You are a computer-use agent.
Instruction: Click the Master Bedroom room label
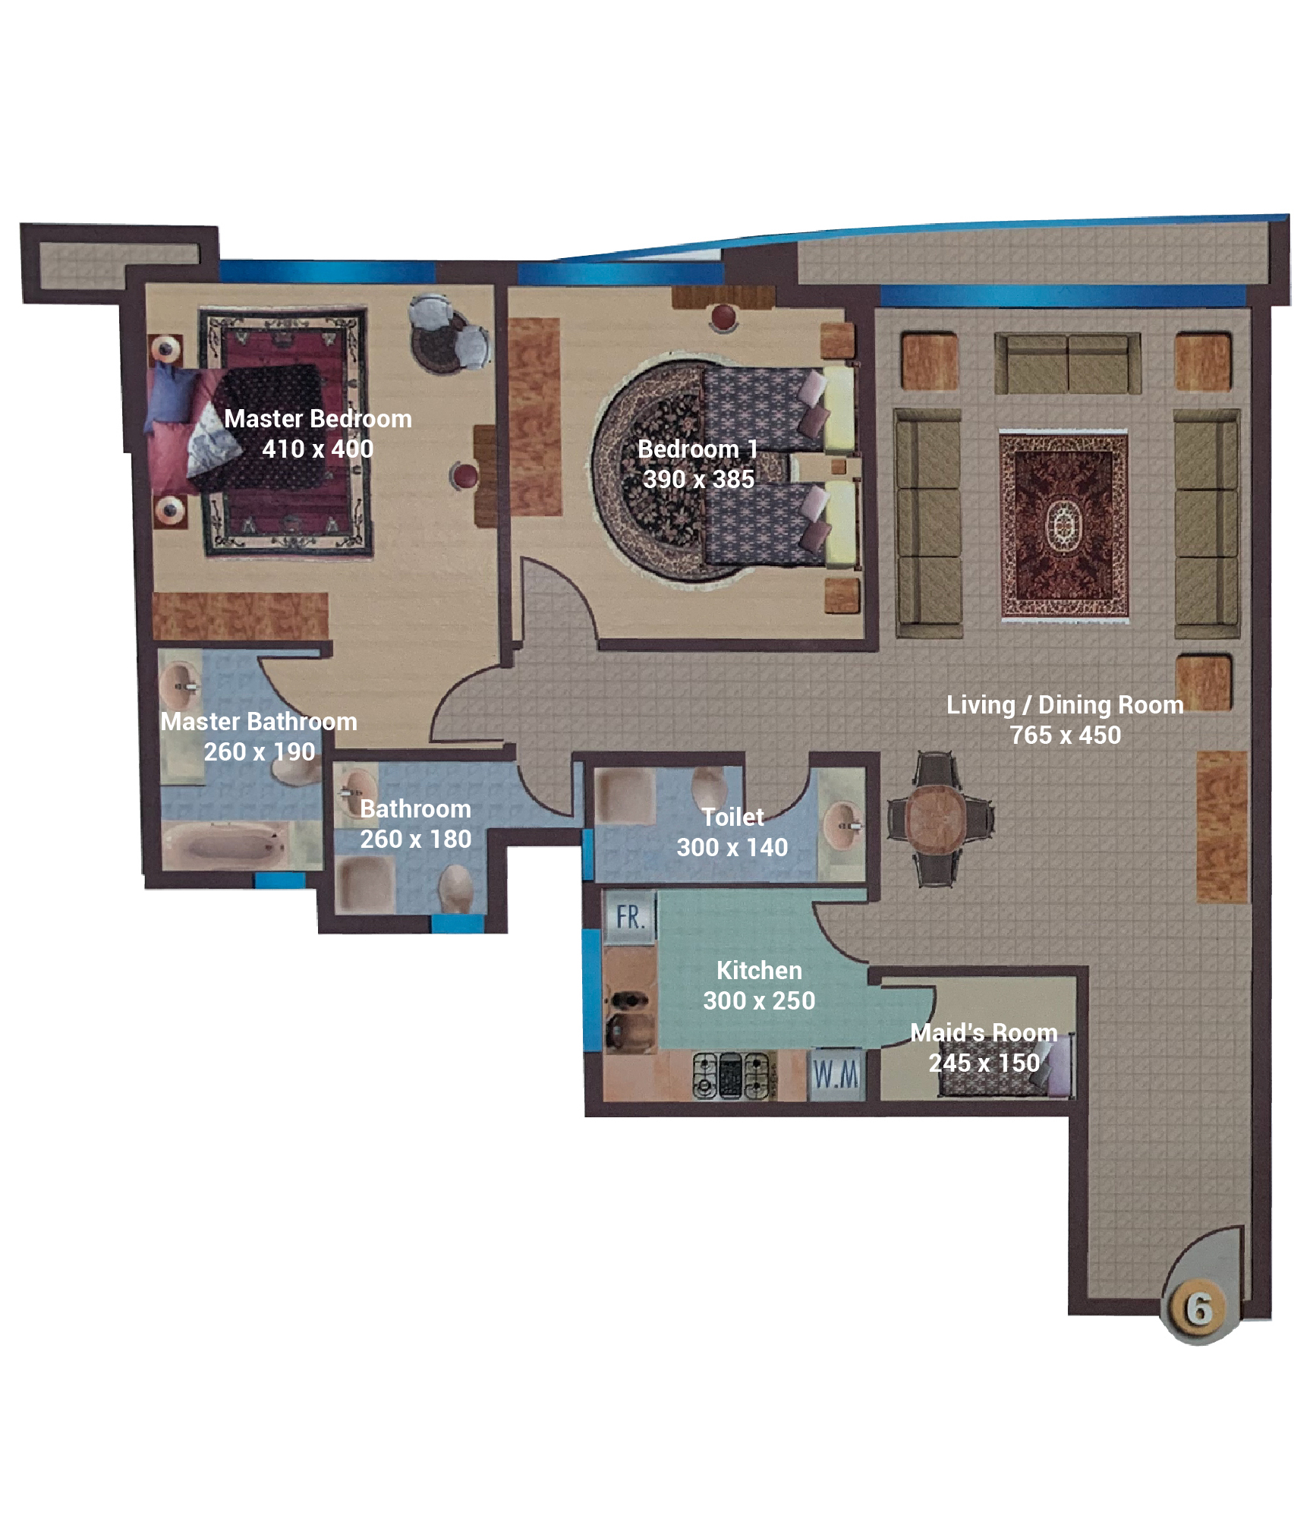pyautogui.click(x=318, y=419)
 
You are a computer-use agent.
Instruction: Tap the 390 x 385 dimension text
pyautogui.click(x=698, y=480)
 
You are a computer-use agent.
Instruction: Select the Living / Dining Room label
pyautogui.click(x=1065, y=705)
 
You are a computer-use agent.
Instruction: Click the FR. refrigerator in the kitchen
pyautogui.click(x=630, y=916)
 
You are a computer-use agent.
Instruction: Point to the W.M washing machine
pyautogui.click(x=836, y=1074)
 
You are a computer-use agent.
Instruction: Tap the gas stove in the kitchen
pyautogui.click(x=733, y=1076)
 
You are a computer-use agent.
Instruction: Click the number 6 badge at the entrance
pyautogui.click(x=1199, y=1309)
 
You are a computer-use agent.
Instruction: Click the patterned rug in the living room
pyautogui.click(x=1063, y=526)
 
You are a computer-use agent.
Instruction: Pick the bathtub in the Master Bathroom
pyautogui.click(x=225, y=843)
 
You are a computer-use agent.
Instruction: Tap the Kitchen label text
pyautogui.click(x=759, y=971)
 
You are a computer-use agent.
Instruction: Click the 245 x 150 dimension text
pyautogui.click(x=984, y=1063)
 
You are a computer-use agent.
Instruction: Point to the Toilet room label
pyautogui.click(x=732, y=817)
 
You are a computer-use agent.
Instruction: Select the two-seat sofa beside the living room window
pyautogui.click(x=1067, y=364)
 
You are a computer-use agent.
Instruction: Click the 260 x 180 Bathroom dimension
pyautogui.click(x=415, y=839)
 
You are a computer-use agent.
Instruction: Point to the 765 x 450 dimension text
pyautogui.click(x=1065, y=736)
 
